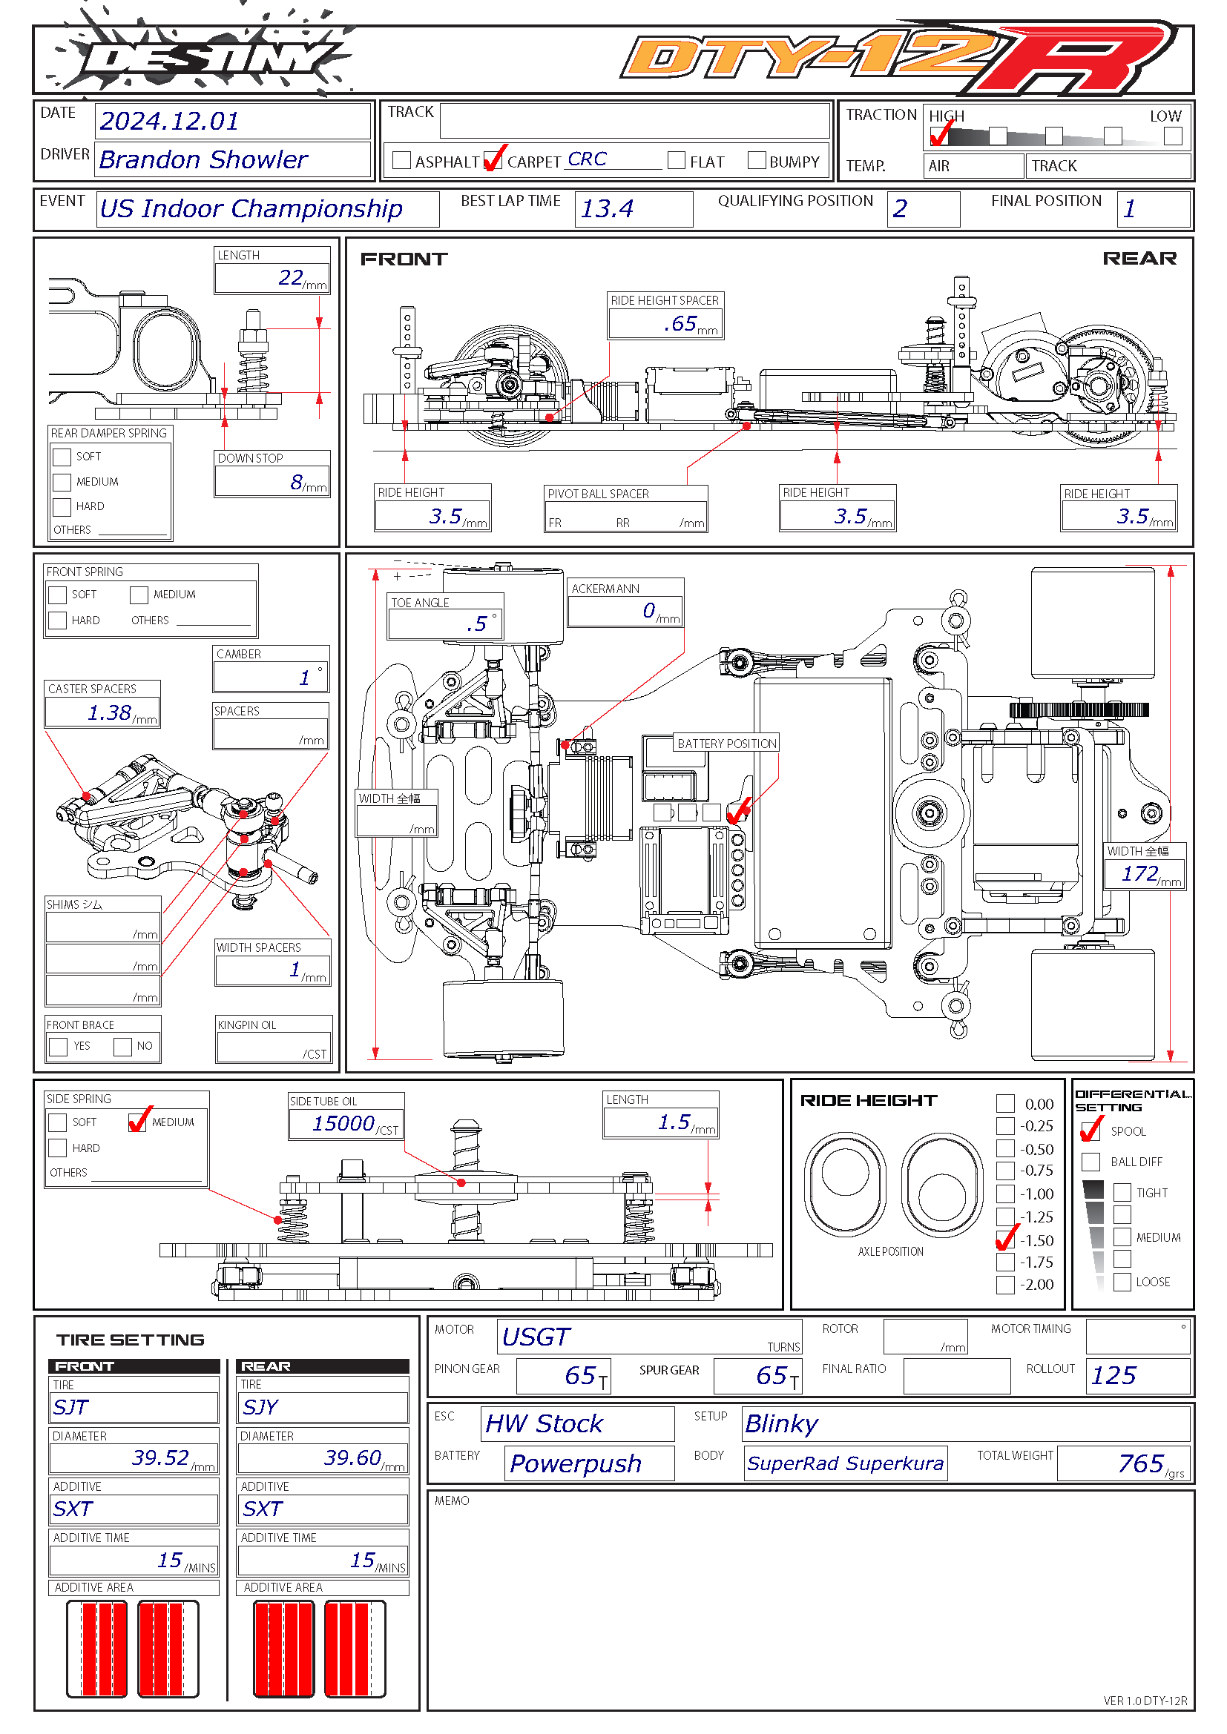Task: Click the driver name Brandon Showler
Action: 203,159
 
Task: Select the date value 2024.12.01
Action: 169,121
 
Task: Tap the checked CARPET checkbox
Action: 493,160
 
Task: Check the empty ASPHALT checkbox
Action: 402,160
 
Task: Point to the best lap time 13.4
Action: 608,208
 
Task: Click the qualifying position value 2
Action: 900,208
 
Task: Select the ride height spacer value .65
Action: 680,324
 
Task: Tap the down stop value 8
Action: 297,482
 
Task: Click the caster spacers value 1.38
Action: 110,712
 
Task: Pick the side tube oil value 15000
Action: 343,1124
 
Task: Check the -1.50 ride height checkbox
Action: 1005,1240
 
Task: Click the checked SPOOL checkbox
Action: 1091,1131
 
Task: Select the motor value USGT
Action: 536,1337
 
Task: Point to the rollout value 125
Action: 1113,1376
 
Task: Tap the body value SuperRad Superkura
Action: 845,1463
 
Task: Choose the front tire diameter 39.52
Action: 160,1457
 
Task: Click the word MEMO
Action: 452,1500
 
